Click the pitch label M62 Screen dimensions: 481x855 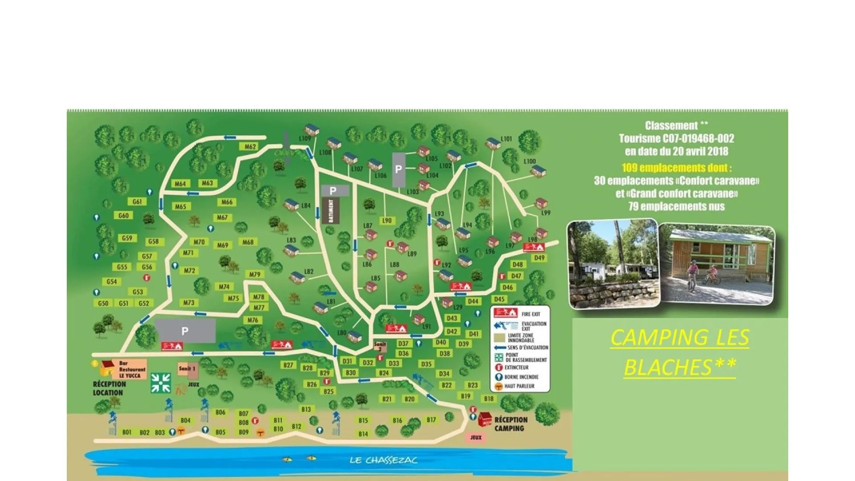click(250, 147)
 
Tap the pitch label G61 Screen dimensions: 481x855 click(137, 202)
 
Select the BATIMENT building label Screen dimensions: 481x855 click(330, 211)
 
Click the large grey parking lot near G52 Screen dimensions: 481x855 click(185, 330)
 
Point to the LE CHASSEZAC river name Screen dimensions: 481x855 click(383, 460)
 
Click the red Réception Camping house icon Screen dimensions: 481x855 click(485, 419)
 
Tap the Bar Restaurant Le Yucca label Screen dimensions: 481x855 click(132, 369)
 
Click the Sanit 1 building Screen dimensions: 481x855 click(187, 369)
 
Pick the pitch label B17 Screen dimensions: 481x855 click(431, 420)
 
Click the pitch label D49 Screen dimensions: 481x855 click(539, 258)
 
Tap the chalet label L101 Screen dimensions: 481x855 click(506, 139)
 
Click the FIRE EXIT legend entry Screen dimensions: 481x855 click(521, 314)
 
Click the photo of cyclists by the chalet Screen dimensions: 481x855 click(717, 265)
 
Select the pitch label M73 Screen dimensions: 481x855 click(189, 303)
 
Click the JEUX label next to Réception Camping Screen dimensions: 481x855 click(476, 437)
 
